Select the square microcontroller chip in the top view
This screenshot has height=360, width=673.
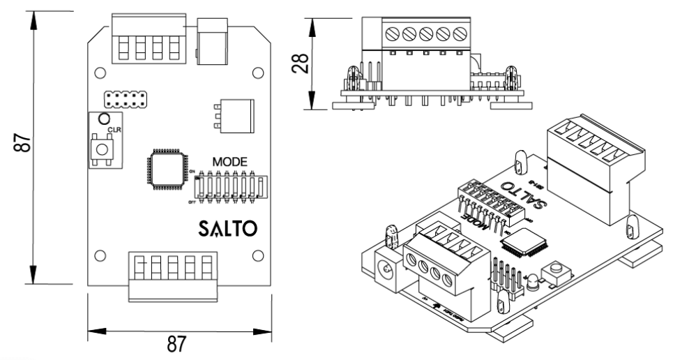pyautogui.click(x=165, y=170)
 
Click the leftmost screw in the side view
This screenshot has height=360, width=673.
pyautogui.click(x=392, y=32)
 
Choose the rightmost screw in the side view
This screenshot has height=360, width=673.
pyautogui.click(x=460, y=32)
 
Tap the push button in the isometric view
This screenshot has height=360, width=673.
pyautogui.click(x=557, y=269)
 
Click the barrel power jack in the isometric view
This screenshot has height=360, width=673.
pyautogui.click(x=381, y=266)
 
